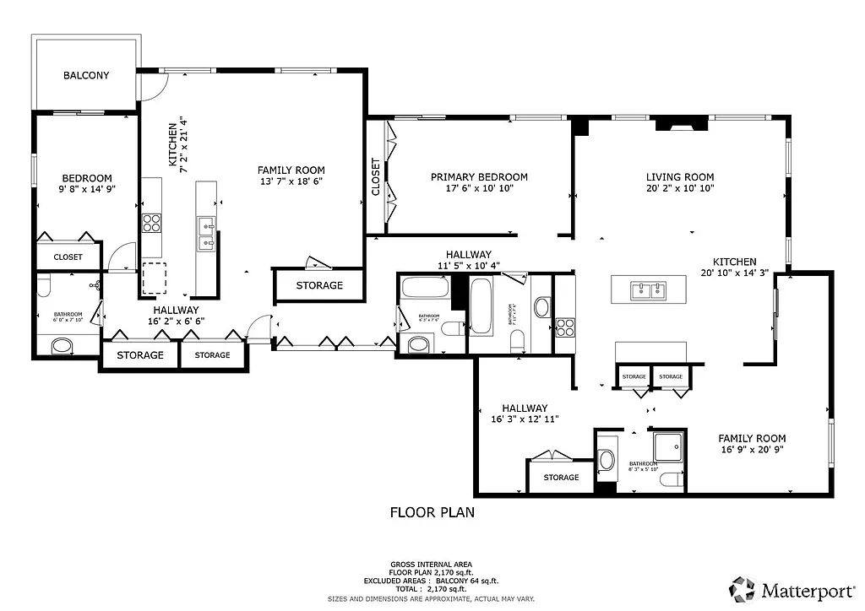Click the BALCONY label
[86, 75]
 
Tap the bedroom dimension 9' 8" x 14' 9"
[87, 190]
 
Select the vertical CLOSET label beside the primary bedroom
[376, 177]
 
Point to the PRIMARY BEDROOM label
[479, 176]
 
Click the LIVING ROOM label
[680, 176]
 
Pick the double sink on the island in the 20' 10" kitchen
[649, 291]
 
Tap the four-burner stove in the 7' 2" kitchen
[151, 223]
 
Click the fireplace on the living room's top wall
[682, 126]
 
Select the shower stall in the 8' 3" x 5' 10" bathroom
[667, 447]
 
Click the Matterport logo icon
[743, 588]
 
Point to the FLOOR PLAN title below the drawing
[432, 511]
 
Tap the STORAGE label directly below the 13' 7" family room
[319, 285]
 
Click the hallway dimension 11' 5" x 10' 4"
[469, 266]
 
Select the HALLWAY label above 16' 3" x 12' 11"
[524, 408]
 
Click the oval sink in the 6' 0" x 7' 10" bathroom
[62, 346]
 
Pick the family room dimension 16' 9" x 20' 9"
[752, 450]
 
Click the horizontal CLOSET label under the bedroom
[68, 257]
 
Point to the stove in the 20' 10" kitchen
[564, 325]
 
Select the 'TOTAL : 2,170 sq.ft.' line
[431, 589]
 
